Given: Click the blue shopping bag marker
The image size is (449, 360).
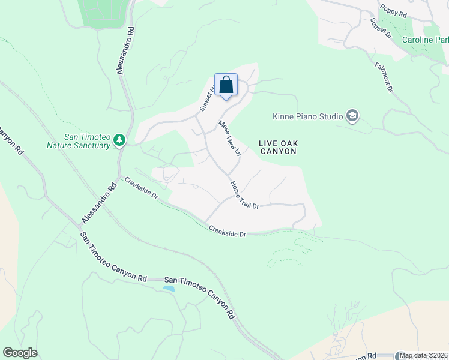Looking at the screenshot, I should [x=226, y=85].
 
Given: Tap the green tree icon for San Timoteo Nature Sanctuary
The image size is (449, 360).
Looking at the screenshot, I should [x=119, y=140].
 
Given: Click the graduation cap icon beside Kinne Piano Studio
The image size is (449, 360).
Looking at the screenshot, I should [x=352, y=116].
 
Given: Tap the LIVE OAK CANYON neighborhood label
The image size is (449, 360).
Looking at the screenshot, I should [x=279, y=147].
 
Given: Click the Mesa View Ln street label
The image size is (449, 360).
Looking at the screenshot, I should [x=229, y=139].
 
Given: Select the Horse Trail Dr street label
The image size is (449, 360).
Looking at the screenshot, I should [x=244, y=196].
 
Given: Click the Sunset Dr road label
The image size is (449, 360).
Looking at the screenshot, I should [x=381, y=28].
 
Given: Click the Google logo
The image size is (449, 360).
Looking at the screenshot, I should [x=20, y=353].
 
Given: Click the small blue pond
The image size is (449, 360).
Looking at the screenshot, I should [x=169, y=289].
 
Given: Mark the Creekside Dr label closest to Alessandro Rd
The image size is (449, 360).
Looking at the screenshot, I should [x=142, y=188].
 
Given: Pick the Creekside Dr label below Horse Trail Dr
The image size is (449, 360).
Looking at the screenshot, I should [x=228, y=231].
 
